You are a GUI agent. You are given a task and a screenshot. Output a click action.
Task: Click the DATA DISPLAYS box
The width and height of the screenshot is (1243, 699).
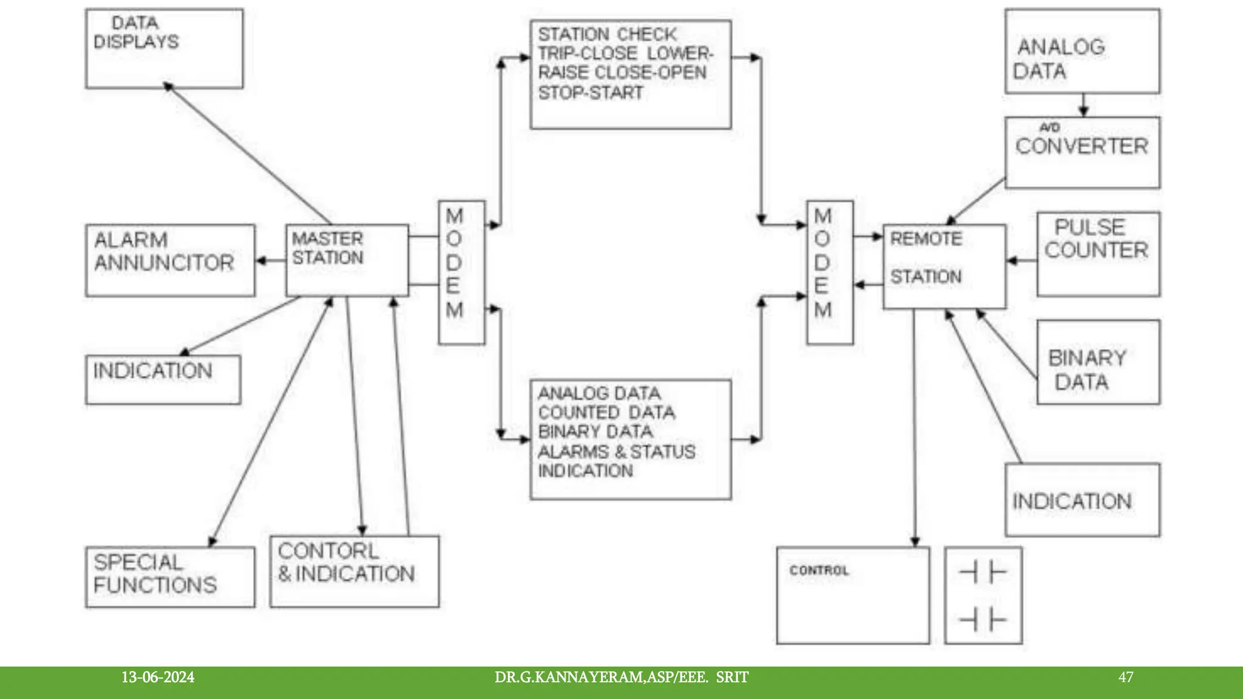pos(164,49)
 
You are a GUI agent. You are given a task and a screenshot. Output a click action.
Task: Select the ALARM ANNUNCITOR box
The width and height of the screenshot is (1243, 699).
pos(170,260)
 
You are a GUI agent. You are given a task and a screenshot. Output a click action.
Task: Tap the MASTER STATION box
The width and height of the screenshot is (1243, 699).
pos(347,260)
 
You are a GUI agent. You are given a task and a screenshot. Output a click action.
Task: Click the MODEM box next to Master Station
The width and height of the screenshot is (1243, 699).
pos(461,272)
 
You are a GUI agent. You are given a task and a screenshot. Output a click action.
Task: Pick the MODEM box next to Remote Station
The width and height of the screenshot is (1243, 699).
pos(829,272)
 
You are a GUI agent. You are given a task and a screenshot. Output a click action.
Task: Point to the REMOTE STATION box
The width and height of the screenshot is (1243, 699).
pos(944,266)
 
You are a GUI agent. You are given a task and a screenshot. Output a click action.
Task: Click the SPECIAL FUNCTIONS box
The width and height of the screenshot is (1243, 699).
pos(170,576)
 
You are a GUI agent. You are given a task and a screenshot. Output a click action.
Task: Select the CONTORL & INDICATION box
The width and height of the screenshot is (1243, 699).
pos(354,571)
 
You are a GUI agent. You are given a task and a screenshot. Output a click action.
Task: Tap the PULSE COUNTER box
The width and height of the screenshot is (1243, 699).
pos(1098,254)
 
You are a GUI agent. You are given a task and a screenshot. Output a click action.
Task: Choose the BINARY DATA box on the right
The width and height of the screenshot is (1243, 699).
pos(1098,362)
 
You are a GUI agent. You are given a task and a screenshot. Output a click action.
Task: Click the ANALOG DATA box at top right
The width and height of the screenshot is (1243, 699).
pos(1082,51)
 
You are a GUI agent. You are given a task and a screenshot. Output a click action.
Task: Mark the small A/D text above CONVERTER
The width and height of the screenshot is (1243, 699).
pos(1049,127)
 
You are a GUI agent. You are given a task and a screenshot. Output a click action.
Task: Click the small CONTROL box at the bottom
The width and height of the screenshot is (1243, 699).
pos(852,595)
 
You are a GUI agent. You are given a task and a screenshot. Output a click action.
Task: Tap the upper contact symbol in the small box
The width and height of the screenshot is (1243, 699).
pos(983,572)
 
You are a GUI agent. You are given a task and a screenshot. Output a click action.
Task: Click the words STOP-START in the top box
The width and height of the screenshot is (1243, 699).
pos(590,93)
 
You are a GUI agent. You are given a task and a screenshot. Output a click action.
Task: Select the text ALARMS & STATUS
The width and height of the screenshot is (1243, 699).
pos(616,451)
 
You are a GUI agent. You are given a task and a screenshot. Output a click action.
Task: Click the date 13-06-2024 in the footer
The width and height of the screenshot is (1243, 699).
pos(158,677)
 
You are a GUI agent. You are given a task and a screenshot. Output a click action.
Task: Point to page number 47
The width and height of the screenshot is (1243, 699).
pos(1125,677)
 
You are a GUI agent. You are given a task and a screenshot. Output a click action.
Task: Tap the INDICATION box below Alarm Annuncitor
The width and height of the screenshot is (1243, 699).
pos(163,379)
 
